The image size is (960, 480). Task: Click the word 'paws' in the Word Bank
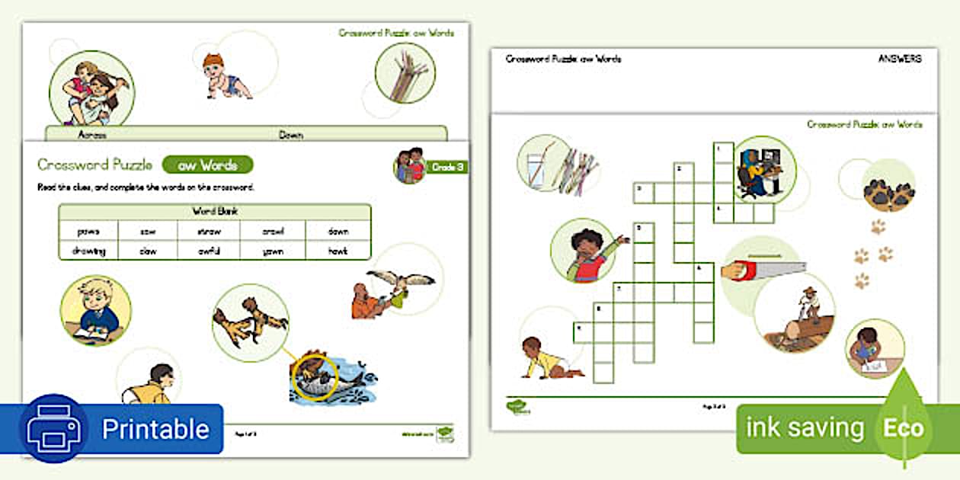pos(88,231)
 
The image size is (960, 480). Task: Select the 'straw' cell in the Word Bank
pos(208,231)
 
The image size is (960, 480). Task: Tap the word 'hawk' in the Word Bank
pos(338,250)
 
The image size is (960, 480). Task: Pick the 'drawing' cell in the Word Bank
pos(88,250)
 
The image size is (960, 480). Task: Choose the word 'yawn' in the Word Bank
pos(272,250)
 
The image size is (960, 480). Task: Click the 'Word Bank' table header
pos(214,211)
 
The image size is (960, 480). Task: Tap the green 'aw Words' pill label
pos(207,165)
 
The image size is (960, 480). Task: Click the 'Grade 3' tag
pos(447,167)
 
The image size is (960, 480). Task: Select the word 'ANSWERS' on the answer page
pos(900,59)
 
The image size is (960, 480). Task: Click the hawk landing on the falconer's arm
pos(398,281)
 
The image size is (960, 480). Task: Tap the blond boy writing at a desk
pos(95,309)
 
